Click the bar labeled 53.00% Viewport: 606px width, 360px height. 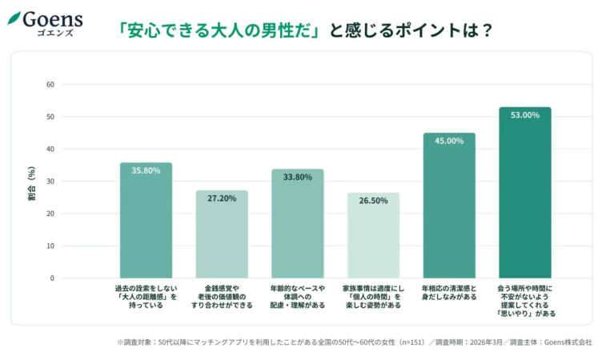524,193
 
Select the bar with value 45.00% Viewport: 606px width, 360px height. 449,206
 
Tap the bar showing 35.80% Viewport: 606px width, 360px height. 146,221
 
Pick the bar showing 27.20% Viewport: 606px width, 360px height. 222,234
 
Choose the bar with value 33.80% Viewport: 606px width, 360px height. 297,224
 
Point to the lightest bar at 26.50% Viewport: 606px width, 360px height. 373,235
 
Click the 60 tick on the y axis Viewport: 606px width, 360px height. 50,85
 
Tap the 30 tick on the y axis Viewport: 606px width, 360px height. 50,182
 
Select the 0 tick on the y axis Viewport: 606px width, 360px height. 52,278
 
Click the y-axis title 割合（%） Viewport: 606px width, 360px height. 31,182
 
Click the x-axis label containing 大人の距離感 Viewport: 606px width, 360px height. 146,296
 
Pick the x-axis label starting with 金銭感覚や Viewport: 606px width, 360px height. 222,296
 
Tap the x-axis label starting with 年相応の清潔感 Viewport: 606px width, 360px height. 449,292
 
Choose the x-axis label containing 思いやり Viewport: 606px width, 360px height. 525,301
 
